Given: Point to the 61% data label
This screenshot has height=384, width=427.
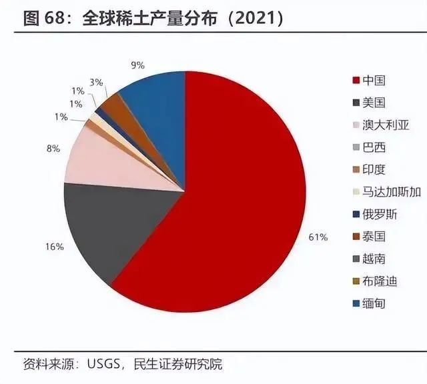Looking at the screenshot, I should coord(319,237).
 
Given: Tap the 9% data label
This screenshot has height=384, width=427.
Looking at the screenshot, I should coord(138,65).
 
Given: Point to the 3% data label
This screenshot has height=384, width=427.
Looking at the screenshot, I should coord(96,82).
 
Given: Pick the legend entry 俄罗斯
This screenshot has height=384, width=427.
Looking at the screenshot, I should coord(380,214).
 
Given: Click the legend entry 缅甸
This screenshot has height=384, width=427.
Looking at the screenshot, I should coord(374,303).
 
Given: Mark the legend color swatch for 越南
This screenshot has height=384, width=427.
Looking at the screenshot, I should coord(356,259).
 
